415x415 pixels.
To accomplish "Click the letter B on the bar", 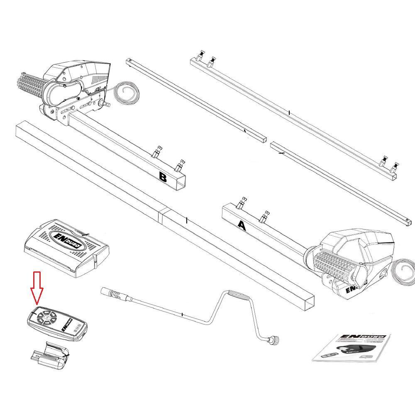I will coord(163,178).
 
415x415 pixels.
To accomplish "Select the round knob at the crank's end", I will coord(274,340).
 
